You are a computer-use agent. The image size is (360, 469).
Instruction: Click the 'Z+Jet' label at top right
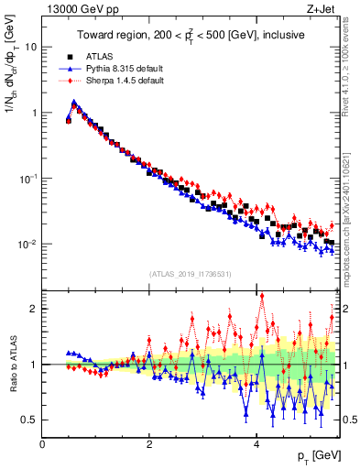pyautogui.click(x=324, y=8)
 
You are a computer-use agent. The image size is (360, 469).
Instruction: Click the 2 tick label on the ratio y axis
pyautogui.click(x=34, y=309)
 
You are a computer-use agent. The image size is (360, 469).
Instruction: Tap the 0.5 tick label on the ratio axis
pyautogui.click(x=30, y=420)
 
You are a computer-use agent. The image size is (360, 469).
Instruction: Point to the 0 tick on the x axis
pyautogui.click(x=42, y=444)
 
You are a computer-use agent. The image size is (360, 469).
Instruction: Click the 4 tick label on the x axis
pyautogui.click(x=257, y=444)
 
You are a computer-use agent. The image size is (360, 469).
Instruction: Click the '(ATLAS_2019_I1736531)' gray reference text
pyautogui.click(x=190, y=274)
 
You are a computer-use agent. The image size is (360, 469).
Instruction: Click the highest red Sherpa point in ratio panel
pyautogui.click(x=262, y=295)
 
